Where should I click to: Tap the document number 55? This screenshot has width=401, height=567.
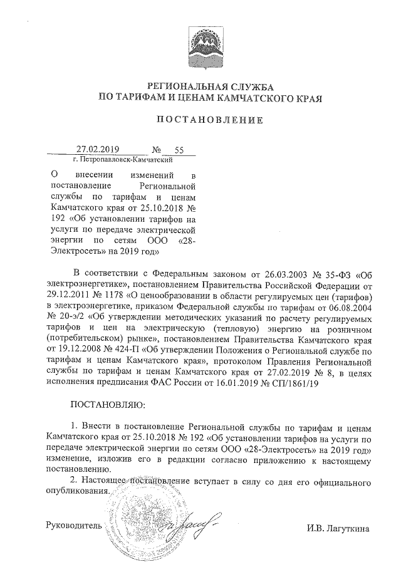(179, 150)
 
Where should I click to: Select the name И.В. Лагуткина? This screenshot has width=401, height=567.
(338, 528)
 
